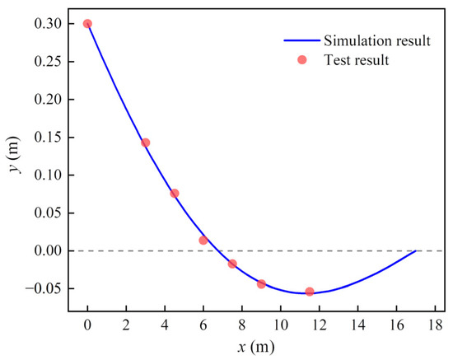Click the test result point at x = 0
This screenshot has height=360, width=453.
[87, 24]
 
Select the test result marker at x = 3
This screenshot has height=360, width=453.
[146, 143]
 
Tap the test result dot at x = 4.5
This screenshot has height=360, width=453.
[175, 194]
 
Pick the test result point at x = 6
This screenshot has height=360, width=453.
[203, 241]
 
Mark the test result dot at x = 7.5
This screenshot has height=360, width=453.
[232, 264]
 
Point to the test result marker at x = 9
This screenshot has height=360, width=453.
[261, 284]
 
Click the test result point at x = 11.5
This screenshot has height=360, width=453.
[310, 292]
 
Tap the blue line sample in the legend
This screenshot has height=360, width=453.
[301, 40]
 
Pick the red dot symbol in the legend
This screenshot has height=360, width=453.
[301, 60]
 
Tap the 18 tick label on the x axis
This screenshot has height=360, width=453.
[434, 325]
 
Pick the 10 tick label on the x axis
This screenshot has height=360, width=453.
[280, 325]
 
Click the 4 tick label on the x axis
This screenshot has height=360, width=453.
[165, 325]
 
